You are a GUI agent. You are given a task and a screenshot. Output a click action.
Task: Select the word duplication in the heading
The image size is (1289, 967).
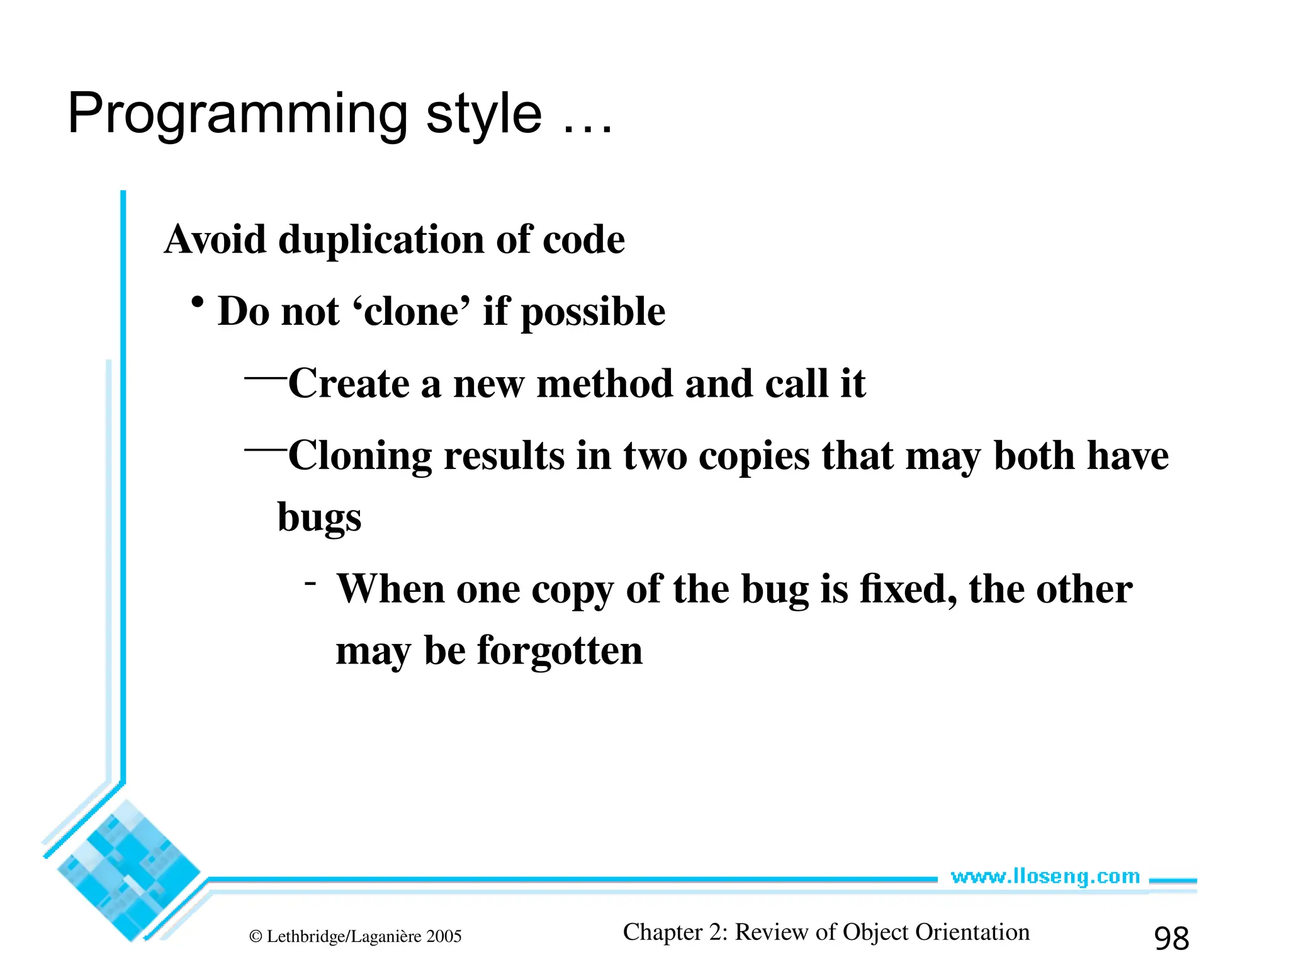point(381,240)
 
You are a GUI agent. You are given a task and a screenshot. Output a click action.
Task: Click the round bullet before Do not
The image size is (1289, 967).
point(198,303)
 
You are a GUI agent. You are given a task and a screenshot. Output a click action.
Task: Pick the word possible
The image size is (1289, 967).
point(593,313)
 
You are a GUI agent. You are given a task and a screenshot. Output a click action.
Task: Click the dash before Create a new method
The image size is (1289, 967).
point(265,378)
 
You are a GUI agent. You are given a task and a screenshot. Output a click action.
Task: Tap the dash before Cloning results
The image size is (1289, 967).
point(265,450)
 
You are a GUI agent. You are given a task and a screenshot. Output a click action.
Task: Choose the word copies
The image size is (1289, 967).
point(754,456)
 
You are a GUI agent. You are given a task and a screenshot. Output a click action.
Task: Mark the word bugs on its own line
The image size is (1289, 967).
point(319,517)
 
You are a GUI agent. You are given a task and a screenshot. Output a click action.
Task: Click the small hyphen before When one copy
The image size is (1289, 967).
point(310,583)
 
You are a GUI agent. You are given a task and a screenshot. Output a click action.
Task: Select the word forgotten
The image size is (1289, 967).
point(560,651)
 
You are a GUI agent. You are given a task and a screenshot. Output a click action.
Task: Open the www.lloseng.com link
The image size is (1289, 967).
point(1045,876)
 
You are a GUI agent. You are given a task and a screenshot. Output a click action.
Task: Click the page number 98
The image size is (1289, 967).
point(1171,939)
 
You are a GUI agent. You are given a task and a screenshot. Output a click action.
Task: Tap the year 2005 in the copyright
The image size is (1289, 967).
point(444,937)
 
